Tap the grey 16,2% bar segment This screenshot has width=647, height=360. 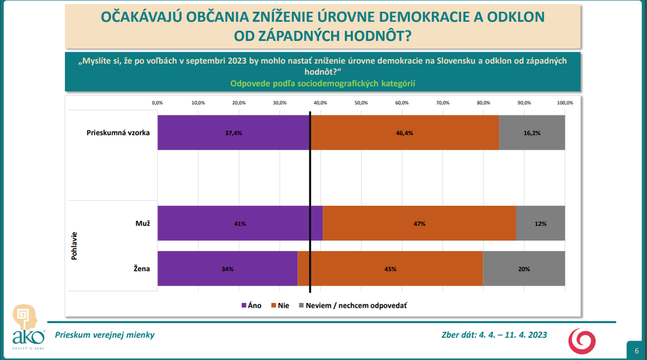pos(532,133)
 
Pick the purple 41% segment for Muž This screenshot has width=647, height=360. pos(240,223)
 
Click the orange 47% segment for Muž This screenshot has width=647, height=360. pos(419,223)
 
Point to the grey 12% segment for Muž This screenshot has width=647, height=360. pos(540,223)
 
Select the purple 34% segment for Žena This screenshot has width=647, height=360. pos(227,269)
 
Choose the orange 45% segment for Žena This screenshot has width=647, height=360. pos(390,269)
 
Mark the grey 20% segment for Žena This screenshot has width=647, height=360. pos(524,269)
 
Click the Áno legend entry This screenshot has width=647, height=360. pos(251,305)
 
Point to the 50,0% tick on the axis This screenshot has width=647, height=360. pos(360,102)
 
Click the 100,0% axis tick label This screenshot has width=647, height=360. pos(565,102)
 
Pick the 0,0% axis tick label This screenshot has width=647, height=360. pos(157,102)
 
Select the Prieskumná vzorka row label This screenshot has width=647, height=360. pos(118,133)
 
